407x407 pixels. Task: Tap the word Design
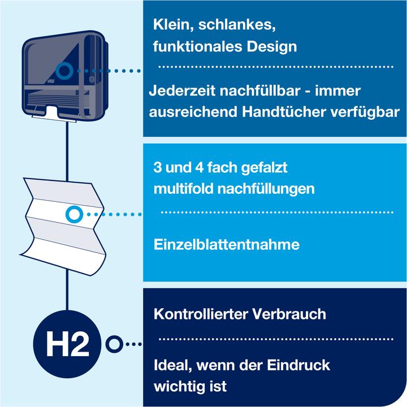click(273, 46)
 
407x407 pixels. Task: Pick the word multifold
click(179, 188)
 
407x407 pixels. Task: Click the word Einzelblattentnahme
click(226, 245)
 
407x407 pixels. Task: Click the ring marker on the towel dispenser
click(64, 71)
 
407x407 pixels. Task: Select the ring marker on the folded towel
click(74, 214)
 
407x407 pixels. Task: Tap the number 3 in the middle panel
click(157, 168)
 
